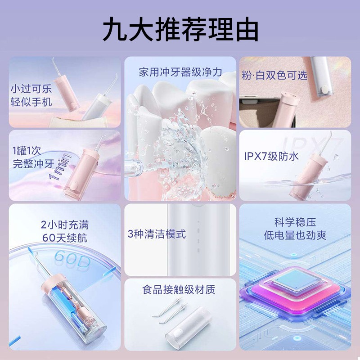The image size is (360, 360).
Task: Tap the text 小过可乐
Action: pyautogui.click(x=31, y=88)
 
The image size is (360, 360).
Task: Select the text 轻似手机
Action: pyautogui.click(x=31, y=102)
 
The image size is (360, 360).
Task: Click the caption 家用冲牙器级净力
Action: pyautogui.click(x=180, y=72)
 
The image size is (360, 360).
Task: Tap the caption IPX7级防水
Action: pyautogui.click(x=272, y=157)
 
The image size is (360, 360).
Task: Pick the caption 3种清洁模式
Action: pyautogui.click(x=157, y=234)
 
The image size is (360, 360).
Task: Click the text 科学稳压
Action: pyautogui.click(x=295, y=222)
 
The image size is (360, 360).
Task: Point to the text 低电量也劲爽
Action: pyautogui.click(x=295, y=235)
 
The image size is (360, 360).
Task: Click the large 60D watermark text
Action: pyautogui.click(x=72, y=258)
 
